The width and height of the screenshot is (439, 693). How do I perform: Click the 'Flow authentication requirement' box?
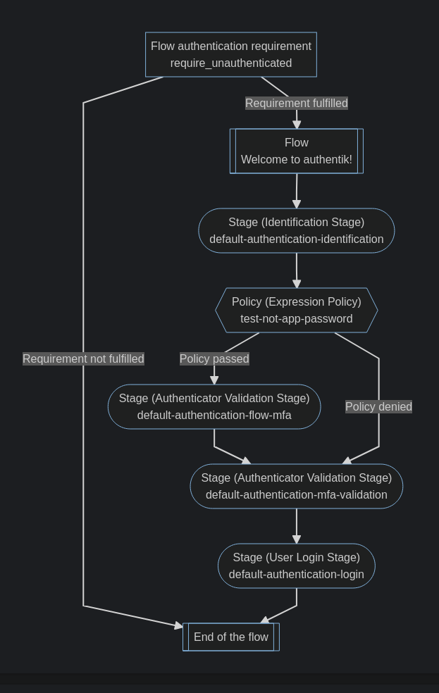tap(230, 54)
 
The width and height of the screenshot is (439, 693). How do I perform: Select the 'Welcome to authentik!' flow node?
tap(296, 151)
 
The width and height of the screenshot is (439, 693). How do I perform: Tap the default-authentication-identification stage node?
tap(296, 230)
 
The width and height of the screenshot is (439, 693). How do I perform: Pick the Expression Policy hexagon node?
tap(296, 310)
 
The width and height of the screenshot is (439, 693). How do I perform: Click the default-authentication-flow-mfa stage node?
tap(214, 406)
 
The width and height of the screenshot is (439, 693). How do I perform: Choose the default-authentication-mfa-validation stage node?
tap(296, 486)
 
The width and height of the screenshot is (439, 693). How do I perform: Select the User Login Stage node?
tap(296, 566)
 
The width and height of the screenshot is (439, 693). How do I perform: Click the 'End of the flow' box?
tap(230, 637)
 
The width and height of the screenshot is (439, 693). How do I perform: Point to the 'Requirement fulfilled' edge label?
tap(296, 103)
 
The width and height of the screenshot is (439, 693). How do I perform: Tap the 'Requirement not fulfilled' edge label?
tap(83, 358)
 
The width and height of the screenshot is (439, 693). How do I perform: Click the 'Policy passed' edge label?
tap(214, 358)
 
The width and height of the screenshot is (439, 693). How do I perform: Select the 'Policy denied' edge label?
tap(378, 406)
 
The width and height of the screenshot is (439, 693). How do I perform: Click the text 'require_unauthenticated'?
tap(230, 63)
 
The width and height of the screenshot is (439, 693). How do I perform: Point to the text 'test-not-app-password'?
tap(296, 318)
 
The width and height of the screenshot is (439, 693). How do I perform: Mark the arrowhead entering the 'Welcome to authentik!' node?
tap(297, 124)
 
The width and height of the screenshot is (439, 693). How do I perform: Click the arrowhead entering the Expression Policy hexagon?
tap(297, 283)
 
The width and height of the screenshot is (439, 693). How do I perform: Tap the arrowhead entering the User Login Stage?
tap(297, 539)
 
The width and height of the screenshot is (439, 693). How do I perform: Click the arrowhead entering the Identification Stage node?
tap(297, 204)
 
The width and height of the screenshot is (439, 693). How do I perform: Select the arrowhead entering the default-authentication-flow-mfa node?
tap(214, 380)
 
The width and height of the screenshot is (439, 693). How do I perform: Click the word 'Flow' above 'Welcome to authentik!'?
tap(296, 142)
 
